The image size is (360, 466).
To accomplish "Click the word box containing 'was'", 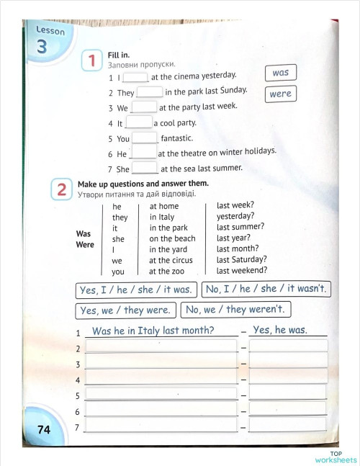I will coord(280,73).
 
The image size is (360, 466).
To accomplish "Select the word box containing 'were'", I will coord(280,94).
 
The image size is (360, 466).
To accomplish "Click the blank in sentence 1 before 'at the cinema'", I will coord(135,76).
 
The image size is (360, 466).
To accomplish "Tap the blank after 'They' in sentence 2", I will coord(150,92).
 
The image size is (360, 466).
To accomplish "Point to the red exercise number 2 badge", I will coord(62,189).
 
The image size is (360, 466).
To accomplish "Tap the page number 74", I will coord(43,429).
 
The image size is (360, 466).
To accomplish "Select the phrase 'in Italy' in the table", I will coord(162,217).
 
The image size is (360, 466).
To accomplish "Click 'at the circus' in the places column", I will coord(171,260).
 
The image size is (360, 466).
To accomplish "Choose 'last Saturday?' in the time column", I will coord(241,259).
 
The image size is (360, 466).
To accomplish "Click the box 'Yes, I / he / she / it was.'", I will coord(135,290).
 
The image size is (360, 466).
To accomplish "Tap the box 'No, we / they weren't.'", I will coord(235,310).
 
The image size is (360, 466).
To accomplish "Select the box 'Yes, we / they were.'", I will coord(125,310).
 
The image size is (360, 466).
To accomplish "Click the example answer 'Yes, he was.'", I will coord(280,330).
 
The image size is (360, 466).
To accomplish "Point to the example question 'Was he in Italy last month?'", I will coord(153,331).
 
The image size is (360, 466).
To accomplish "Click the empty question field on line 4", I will coord(161,379).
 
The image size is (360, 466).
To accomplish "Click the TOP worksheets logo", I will coord(335,457).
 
